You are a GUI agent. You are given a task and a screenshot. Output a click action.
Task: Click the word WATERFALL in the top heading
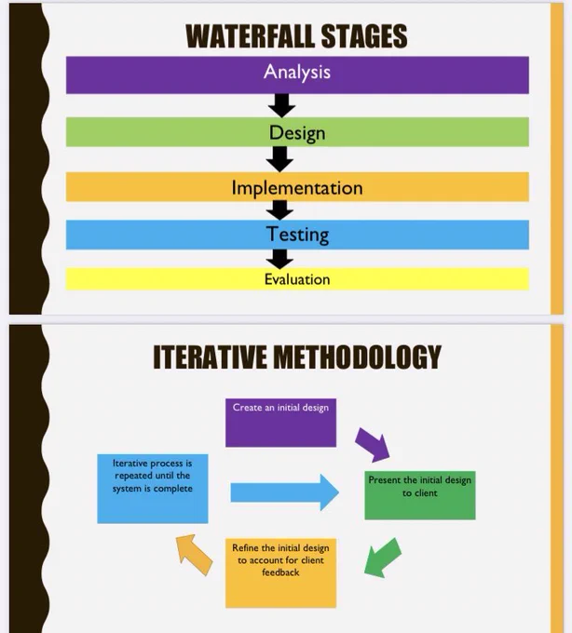[x=251, y=36]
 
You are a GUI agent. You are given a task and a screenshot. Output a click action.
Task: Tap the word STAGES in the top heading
[x=364, y=36]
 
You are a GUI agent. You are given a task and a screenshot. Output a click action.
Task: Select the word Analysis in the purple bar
[x=297, y=73]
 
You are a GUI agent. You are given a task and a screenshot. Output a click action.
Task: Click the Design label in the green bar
[x=297, y=133]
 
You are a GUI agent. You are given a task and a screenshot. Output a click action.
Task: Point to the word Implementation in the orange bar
[x=297, y=188]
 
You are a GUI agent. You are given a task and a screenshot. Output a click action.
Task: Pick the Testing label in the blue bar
[x=297, y=235]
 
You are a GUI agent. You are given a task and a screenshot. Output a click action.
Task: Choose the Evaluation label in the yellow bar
[x=297, y=279]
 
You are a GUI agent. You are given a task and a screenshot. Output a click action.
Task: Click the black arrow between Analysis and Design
[x=281, y=105]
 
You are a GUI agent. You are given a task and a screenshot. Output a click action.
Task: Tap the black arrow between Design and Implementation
[x=279, y=159]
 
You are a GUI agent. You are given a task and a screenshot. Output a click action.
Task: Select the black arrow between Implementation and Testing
[x=279, y=210]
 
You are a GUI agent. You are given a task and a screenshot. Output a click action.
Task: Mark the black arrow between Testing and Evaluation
[x=279, y=259]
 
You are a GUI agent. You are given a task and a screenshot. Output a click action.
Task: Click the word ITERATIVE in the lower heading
[x=210, y=357]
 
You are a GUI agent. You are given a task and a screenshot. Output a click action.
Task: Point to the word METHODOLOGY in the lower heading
[x=358, y=357]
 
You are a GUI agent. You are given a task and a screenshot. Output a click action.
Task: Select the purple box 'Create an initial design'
[x=280, y=423]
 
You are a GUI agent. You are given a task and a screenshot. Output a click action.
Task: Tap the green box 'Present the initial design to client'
[x=420, y=495]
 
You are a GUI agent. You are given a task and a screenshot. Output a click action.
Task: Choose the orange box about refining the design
[x=280, y=572]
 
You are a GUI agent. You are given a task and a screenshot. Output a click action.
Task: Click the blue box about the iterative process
[x=153, y=489]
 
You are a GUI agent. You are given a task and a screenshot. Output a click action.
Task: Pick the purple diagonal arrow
[x=373, y=445]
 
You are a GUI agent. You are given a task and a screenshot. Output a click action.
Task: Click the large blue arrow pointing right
[x=285, y=492]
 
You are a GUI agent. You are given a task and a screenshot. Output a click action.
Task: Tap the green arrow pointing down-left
[x=382, y=558]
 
